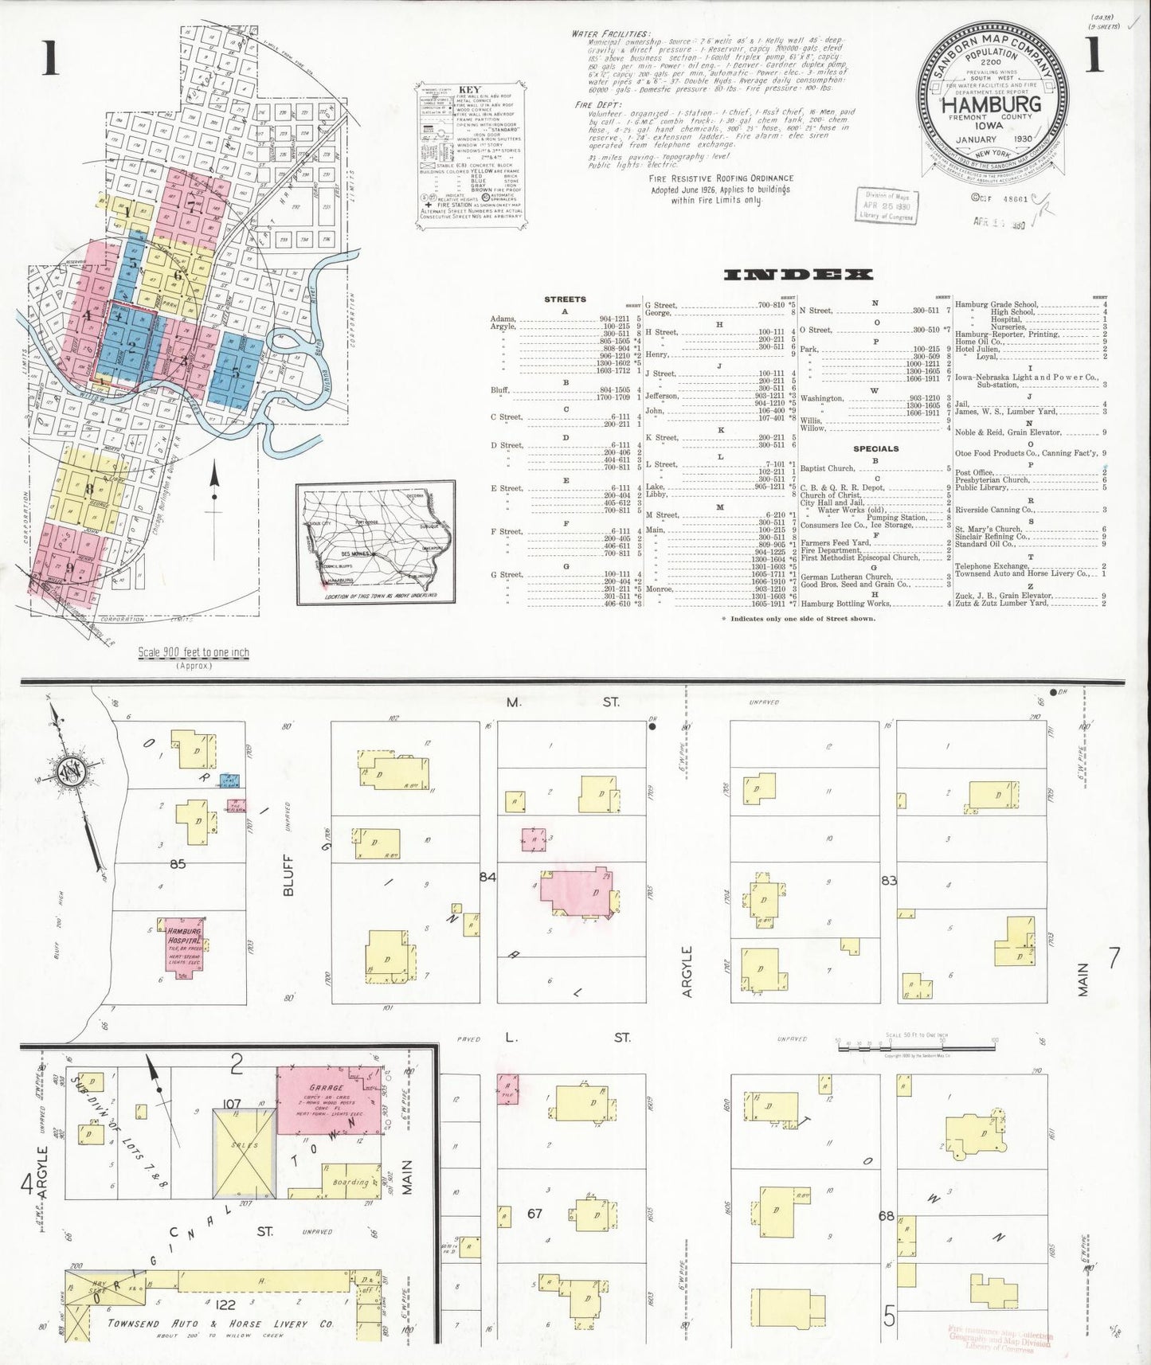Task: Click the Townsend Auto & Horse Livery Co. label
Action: [x=221, y=1323]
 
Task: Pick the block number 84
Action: [x=487, y=877]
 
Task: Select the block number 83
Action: [x=889, y=881]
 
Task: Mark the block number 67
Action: [x=534, y=1213]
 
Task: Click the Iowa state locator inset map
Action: [x=375, y=541]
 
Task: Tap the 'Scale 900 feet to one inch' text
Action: [x=194, y=652]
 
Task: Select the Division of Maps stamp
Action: [x=887, y=205]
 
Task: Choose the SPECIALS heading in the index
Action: [x=875, y=448]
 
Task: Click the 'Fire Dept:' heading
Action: [x=593, y=104]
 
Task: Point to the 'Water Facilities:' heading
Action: [x=610, y=34]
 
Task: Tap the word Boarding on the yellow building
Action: [x=350, y=1183]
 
